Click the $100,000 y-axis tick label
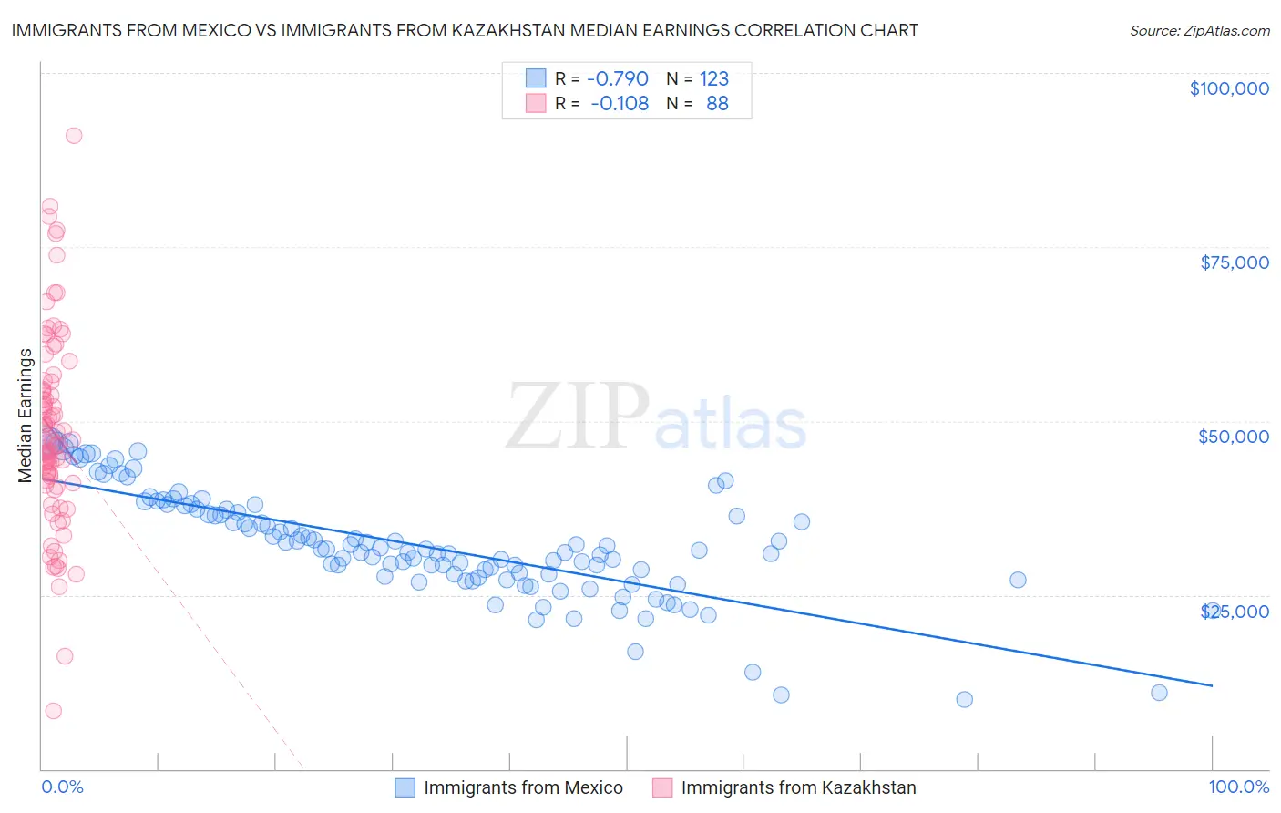pos(1229,88)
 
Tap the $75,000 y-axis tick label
pos(1235,262)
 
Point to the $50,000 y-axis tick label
pos(1234,437)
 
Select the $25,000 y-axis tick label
pos(1235,612)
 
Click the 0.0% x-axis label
pos(62,787)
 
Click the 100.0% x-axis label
pos(1238,787)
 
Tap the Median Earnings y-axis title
pos(25,415)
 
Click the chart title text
pos(465,30)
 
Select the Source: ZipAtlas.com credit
pos(1199,30)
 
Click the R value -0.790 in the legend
pos(617,78)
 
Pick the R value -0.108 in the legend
pos(619,103)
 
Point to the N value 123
pos(714,78)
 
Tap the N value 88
pos(717,103)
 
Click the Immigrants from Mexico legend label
pos(523,787)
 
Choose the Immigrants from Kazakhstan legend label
pos(798,787)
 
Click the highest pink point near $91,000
pos(74,136)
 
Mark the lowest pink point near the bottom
pos(53,711)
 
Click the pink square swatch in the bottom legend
pos(661,787)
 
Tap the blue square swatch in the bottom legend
pos(405,787)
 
